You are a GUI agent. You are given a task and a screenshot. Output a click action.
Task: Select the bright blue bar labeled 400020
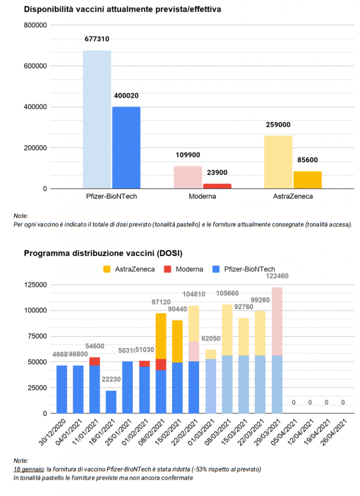click(126, 147)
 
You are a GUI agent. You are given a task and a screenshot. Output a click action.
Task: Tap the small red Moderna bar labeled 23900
click(217, 186)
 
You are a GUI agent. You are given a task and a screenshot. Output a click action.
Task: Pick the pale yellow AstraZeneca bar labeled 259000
click(278, 162)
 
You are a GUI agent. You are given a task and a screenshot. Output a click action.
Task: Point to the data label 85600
click(307, 160)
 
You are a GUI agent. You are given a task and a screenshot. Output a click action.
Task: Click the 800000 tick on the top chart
click(35, 25)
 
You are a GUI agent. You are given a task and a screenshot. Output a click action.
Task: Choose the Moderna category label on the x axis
click(203, 197)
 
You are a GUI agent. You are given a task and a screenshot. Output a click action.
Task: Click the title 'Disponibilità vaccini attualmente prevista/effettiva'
click(123, 9)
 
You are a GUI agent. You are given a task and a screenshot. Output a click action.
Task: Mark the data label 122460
click(277, 276)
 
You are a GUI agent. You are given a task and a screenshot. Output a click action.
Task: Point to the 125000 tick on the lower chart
click(37, 285)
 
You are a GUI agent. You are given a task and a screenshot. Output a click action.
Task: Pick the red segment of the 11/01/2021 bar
click(94, 361)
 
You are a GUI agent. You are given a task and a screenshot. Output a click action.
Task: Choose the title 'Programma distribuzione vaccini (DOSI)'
click(103, 253)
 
